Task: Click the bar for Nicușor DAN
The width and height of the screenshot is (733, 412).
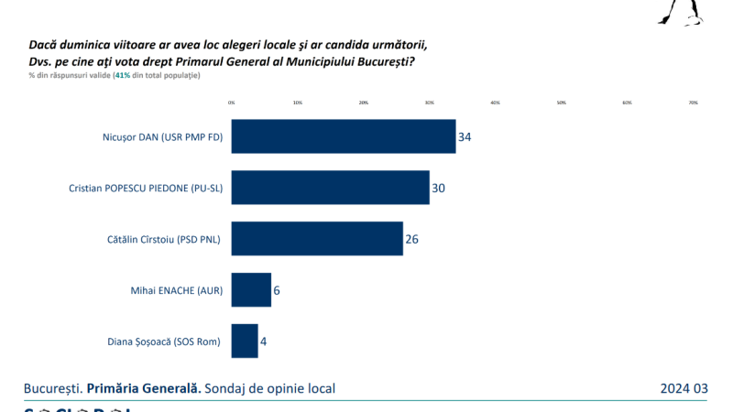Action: tap(344, 136)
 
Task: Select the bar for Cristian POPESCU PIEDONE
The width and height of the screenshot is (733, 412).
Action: tap(330, 188)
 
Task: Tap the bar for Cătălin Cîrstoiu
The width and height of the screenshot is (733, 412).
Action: tap(317, 239)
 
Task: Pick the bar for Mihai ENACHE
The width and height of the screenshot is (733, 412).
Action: tap(251, 290)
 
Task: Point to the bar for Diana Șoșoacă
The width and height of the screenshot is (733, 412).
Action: tap(245, 342)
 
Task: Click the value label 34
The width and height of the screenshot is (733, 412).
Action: tap(465, 137)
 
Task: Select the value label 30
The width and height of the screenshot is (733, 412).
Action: tap(438, 189)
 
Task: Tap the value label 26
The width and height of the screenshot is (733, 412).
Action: tap(411, 240)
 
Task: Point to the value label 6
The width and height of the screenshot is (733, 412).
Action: tap(277, 291)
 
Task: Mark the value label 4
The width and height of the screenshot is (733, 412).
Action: tap(264, 342)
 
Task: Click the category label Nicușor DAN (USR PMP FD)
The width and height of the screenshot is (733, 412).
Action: tap(163, 137)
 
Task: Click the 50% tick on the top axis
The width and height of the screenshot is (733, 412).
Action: tap(562, 103)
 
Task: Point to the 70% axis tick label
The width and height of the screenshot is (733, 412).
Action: tap(694, 103)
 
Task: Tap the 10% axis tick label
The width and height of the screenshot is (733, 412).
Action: tap(298, 103)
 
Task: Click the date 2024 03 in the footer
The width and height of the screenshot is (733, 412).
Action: tap(684, 389)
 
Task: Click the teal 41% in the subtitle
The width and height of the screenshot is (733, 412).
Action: tap(121, 75)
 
